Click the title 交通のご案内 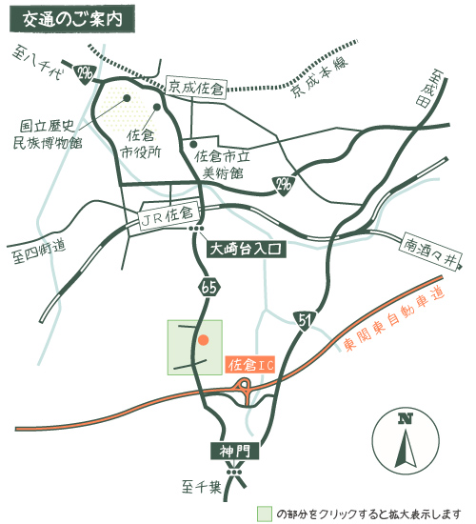pyautogui.click(x=71, y=18)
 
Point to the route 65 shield pyautogui.click(x=211, y=285)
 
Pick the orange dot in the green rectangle pyautogui.click(x=203, y=338)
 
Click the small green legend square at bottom pyautogui.click(x=264, y=513)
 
